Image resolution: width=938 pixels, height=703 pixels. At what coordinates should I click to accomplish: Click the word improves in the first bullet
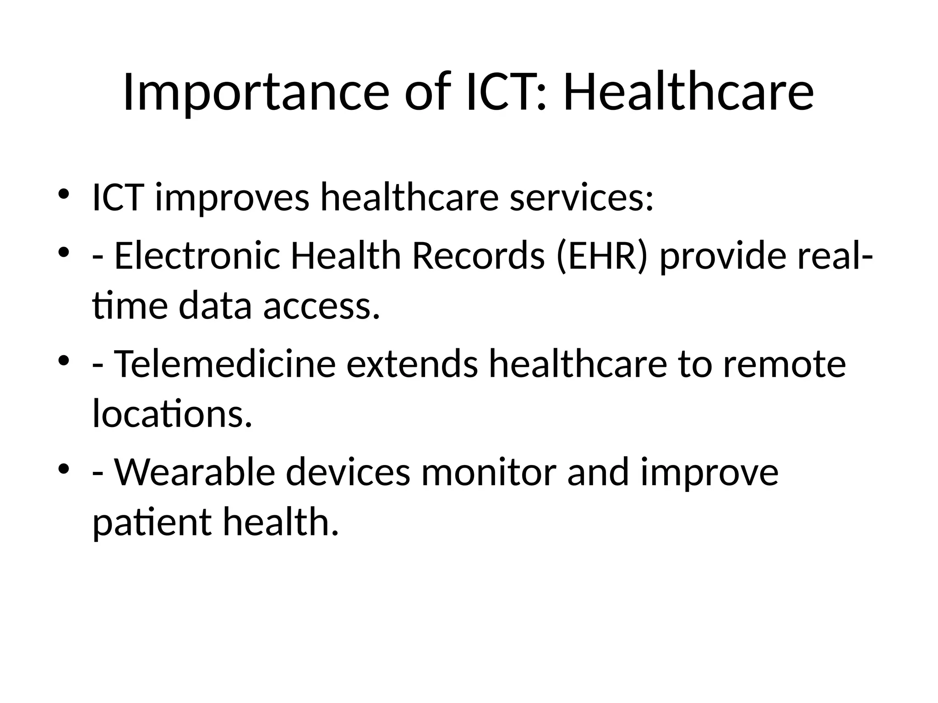232,198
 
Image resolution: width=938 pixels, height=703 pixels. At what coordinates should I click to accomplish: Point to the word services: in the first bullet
581,198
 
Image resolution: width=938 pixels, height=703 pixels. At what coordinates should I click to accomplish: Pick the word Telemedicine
224,364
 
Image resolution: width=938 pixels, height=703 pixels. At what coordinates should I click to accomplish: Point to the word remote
784,364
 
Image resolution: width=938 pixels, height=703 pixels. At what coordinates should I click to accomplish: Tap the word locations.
172,414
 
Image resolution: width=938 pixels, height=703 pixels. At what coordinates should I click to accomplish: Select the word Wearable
194,472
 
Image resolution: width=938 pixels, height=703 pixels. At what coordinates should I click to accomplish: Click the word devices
348,472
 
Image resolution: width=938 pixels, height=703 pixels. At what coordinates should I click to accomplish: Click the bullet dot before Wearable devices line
64,469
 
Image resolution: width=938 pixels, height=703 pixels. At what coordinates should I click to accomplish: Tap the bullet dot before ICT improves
64,194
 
